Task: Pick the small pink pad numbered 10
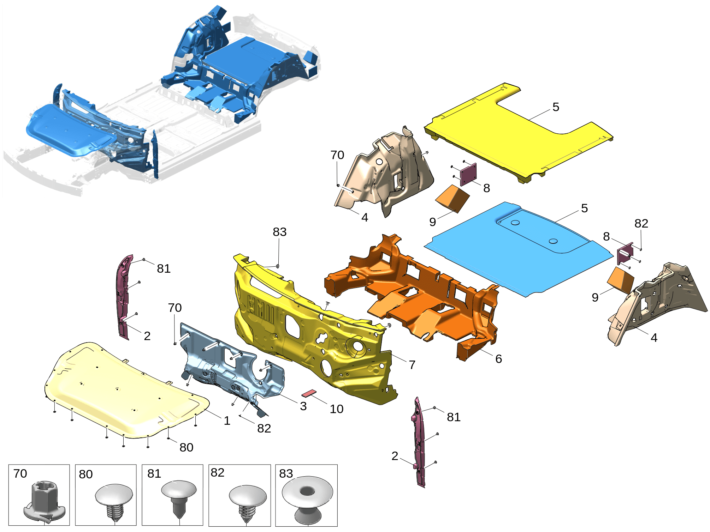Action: (x=309, y=393)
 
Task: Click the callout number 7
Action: (x=412, y=365)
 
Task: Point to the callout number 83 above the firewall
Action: (x=279, y=232)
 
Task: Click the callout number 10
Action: (x=336, y=409)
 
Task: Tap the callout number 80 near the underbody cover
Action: (x=186, y=447)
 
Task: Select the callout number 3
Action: (x=303, y=406)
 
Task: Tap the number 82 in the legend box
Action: (x=217, y=473)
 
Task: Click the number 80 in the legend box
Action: (x=85, y=474)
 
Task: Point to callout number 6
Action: (x=498, y=359)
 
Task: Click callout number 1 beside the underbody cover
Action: (x=227, y=421)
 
